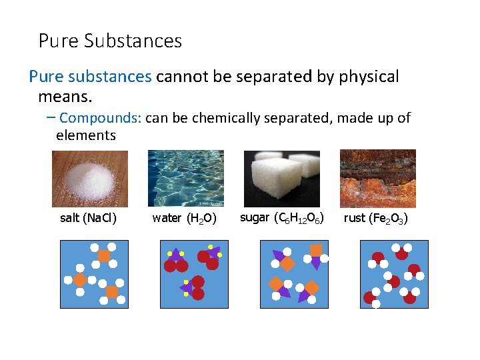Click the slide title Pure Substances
(x=110, y=41)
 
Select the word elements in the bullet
(x=86, y=136)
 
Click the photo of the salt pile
(x=90, y=179)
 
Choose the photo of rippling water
(x=185, y=178)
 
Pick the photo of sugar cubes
(x=281, y=178)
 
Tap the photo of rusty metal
(x=378, y=178)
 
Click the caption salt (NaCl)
(x=89, y=218)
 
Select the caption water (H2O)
(x=185, y=218)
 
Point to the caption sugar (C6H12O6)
(x=282, y=218)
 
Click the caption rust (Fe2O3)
(x=376, y=218)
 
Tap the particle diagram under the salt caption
(x=94, y=274)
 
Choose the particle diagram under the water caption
(x=194, y=274)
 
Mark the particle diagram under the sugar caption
(x=294, y=274)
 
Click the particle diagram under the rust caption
(x=394, y=274)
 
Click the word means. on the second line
(x=65, y=97)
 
